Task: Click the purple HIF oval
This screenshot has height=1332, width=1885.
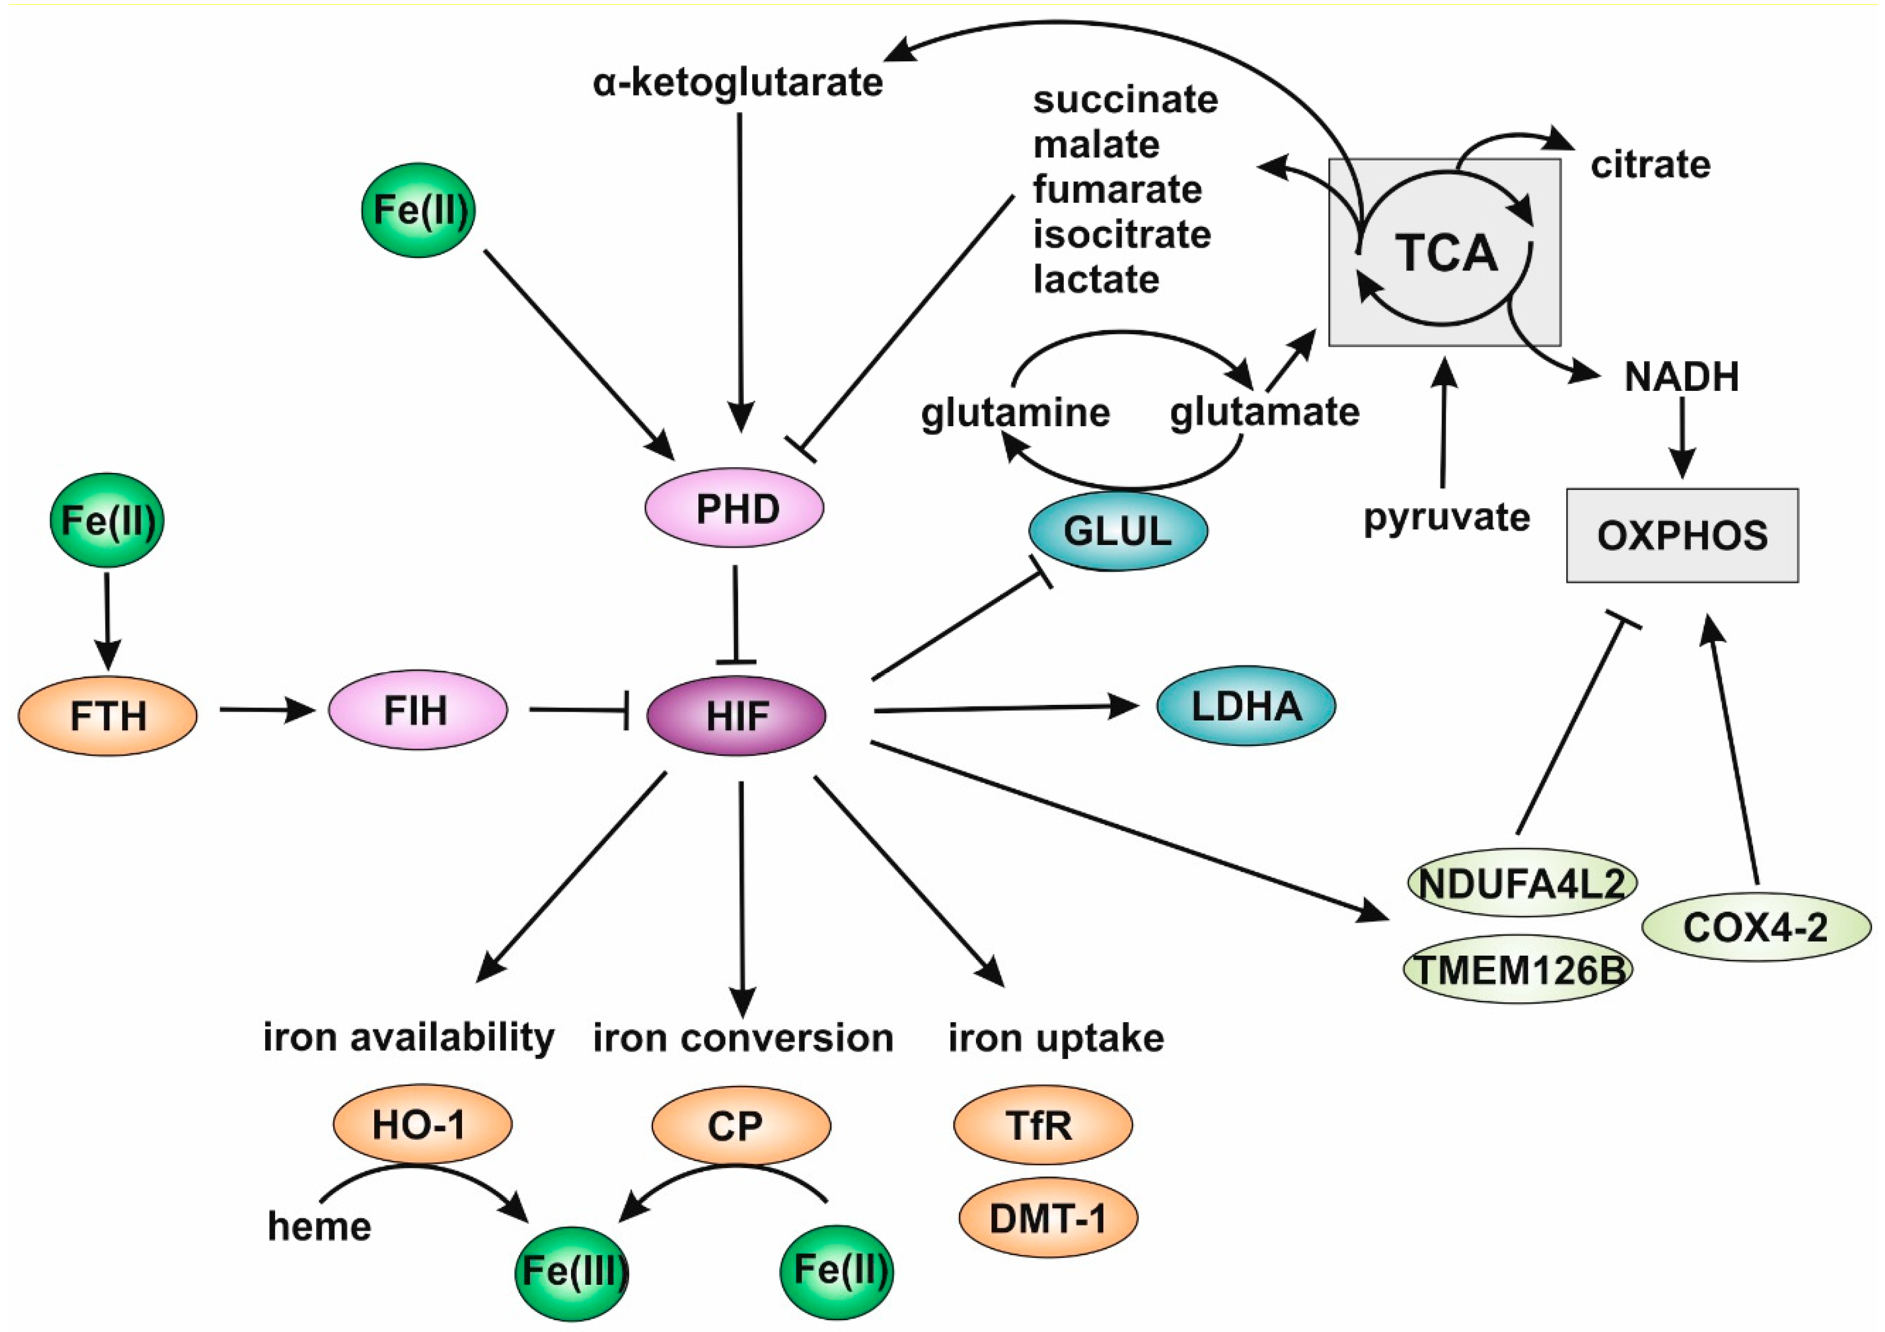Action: click(737, 716)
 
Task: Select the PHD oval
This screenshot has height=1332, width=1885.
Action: click(735, 508)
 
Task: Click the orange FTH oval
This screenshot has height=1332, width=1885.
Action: click(107, 716)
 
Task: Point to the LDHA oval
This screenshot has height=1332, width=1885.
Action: click(1245, 706)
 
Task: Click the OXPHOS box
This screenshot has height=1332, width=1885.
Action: click(1681, 536)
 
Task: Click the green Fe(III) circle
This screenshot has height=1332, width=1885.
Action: click(572, 1273)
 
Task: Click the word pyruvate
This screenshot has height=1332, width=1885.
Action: click(1447, 518)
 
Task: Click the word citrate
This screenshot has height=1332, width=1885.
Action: click(1650, 165)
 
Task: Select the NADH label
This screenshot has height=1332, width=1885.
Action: click(1681, 377)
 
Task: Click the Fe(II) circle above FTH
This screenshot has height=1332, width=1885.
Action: click(107, 520)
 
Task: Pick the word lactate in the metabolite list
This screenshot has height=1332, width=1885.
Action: click(1096, 280)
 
